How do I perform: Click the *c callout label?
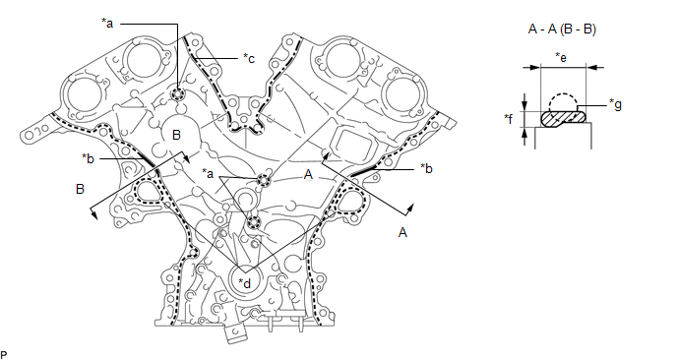click(x=249, y=58)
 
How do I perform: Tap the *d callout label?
click(x=244, y=283)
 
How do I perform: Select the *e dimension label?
click(x=561, y=57)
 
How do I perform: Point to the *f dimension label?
click(x=510, y=118)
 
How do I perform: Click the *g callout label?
click(x=615, y=104)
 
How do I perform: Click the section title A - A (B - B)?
click(x=562, y=30)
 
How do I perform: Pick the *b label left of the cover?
click(x=88, y=158)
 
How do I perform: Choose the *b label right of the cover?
click(x=426, y=169)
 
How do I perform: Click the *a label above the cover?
click(x=107, y=24)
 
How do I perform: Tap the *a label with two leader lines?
click(x=208, y=174)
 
